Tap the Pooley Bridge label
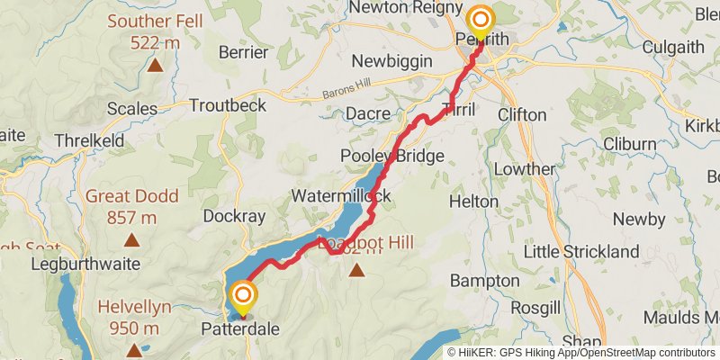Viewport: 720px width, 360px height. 392,157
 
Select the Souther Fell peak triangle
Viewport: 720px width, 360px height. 155,65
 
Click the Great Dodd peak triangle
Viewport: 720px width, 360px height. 131,240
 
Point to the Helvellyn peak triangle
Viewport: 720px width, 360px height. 134,350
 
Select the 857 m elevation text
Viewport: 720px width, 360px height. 131,217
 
